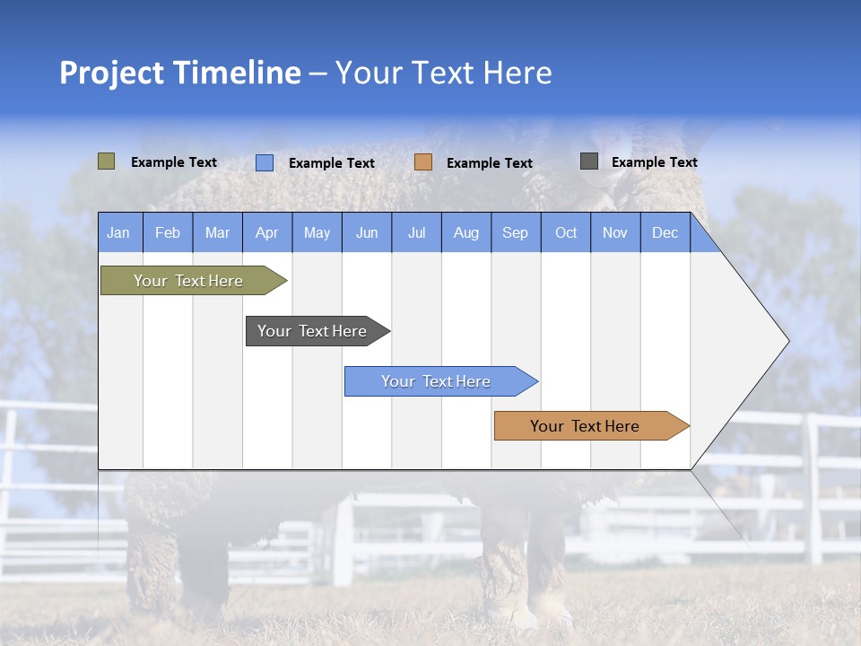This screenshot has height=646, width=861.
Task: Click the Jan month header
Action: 118,232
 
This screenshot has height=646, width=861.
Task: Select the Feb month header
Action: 168,232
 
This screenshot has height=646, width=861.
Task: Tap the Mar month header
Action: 217,232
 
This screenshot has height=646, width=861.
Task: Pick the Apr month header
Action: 267,232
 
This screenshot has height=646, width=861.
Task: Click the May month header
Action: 317,232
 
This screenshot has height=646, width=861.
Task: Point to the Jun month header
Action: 367,232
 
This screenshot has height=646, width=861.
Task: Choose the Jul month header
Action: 416,232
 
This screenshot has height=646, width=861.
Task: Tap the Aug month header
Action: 466,232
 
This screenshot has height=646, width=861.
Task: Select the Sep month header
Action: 516,232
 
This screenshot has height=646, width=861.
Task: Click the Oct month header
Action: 566,232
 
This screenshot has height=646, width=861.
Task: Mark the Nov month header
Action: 615,232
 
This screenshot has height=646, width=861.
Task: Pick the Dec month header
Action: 665,232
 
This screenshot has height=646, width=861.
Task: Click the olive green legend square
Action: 107,161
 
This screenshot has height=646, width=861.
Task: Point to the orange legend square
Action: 423,161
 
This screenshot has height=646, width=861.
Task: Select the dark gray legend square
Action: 589,161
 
